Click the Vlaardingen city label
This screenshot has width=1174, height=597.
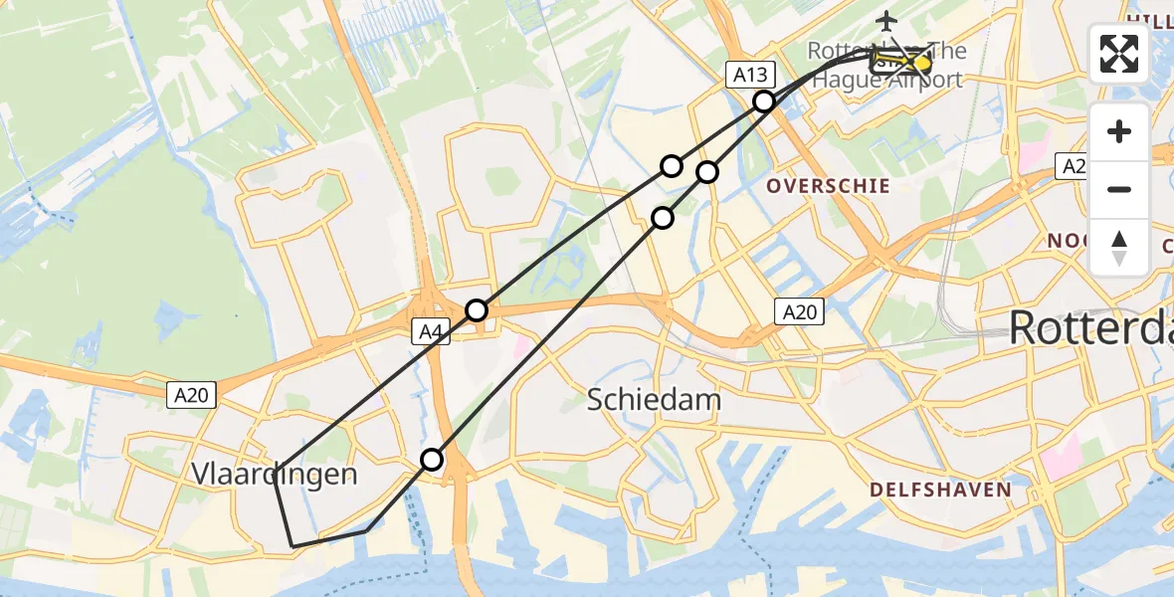click(273, 475)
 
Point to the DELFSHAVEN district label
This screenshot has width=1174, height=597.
click(940, 490)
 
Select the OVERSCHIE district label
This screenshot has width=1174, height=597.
click(828, 186)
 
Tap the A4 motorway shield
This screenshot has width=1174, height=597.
click(430, 332)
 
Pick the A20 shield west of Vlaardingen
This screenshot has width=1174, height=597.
click(189, 395)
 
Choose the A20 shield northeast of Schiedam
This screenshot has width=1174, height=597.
click(799, 312)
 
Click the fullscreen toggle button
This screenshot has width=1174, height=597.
click(1119, 53)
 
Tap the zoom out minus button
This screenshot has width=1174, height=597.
click(1119, 189)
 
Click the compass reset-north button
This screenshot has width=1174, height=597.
click(1119, 247)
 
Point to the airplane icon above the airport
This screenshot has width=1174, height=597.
click(885, 19)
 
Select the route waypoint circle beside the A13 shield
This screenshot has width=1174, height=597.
click(763, 101)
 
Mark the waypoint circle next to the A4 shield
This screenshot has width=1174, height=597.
click(477, 310)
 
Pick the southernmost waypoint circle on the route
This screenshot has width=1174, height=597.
click(432, 460)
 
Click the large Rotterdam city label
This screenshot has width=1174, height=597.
click(1090, 327)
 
